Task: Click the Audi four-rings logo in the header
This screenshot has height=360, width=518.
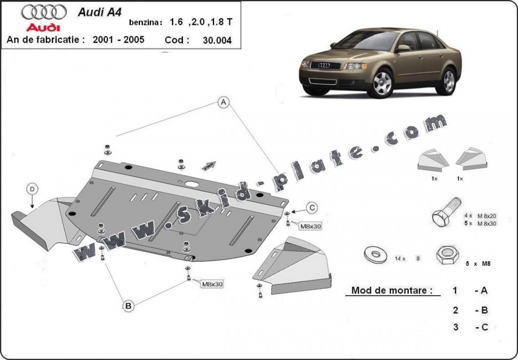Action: [x=44, y=12]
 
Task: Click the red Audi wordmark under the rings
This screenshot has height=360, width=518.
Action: [x=44, y=27]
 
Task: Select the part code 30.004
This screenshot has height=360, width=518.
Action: [x=217, y=40]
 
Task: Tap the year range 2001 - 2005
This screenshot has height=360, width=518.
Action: [x=118, y=40]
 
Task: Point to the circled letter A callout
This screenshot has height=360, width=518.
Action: [x=223, y=102]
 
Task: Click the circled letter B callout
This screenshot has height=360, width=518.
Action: [x=128, y=306]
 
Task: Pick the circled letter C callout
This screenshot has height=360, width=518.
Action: [x=312, y=207]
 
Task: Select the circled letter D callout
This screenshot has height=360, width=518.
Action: [x=32, y=189]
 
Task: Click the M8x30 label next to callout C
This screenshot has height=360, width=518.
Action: [x=311, y=226]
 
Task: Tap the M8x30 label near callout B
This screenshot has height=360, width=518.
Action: [x=212, y=284]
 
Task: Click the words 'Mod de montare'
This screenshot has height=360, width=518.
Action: [x=389, y=290]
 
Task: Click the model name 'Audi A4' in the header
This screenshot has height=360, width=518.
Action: [x=100, y=12]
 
